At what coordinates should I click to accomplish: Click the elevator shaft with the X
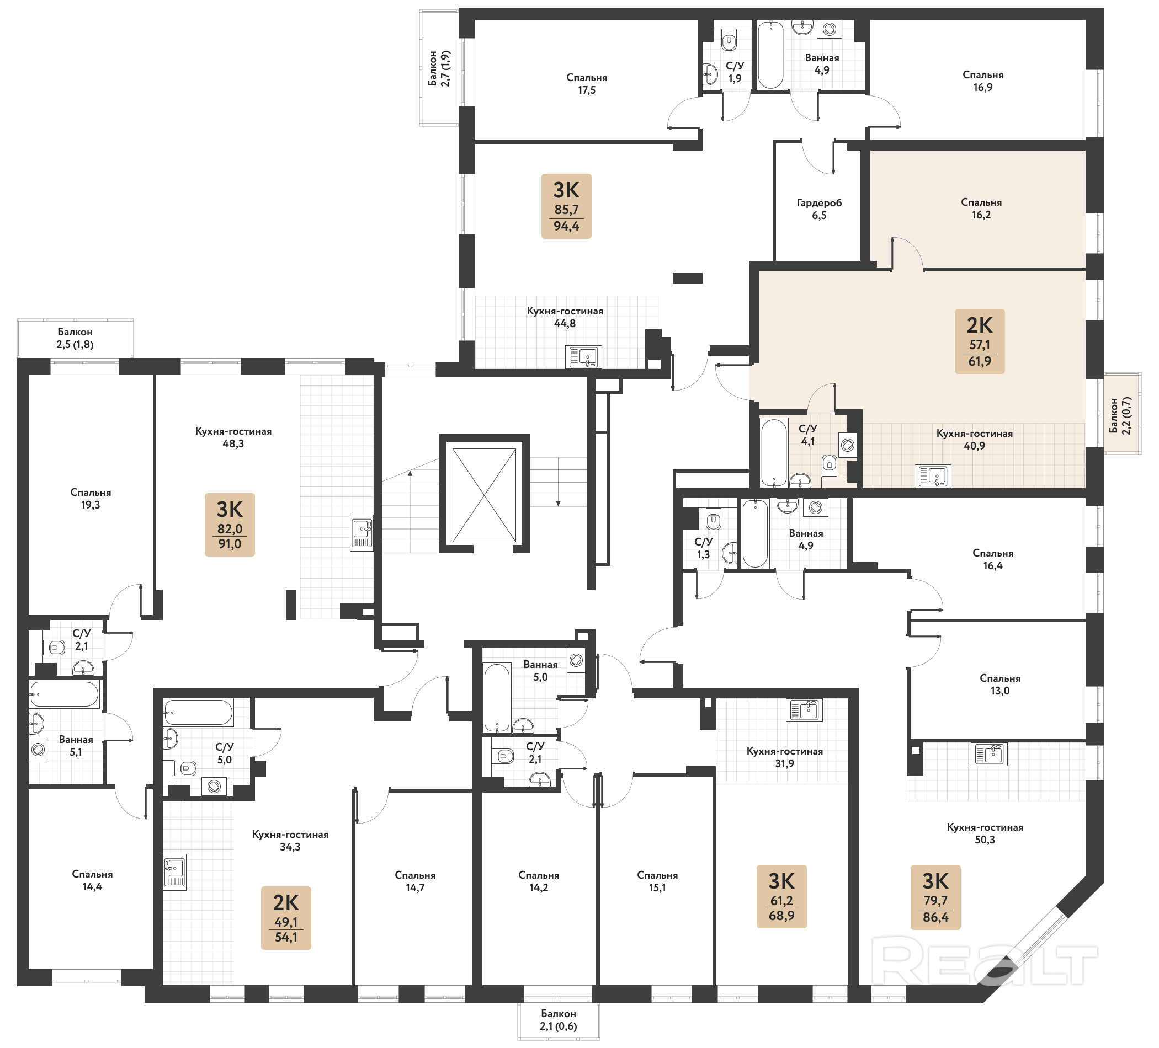(484, 495)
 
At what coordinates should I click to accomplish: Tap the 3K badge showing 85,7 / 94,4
(566, 206)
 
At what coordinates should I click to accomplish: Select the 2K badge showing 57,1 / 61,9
(980, 341)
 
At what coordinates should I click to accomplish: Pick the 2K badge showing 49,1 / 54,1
(286, 918)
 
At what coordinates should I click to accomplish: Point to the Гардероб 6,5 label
(819, 209)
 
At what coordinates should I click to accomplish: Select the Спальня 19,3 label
(91, 499)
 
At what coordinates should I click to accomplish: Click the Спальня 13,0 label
(999, 685)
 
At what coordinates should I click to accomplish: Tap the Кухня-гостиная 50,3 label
(985, 833)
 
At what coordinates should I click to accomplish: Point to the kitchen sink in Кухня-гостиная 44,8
(583, 357)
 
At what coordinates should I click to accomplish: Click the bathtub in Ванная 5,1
(65, 694)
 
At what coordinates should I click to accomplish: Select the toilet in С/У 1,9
(729, 41)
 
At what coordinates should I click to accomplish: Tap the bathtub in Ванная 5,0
(497, 698)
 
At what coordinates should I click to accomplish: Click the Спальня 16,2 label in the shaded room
(981, 208)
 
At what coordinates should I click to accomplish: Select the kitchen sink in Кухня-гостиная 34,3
(175, 873)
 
